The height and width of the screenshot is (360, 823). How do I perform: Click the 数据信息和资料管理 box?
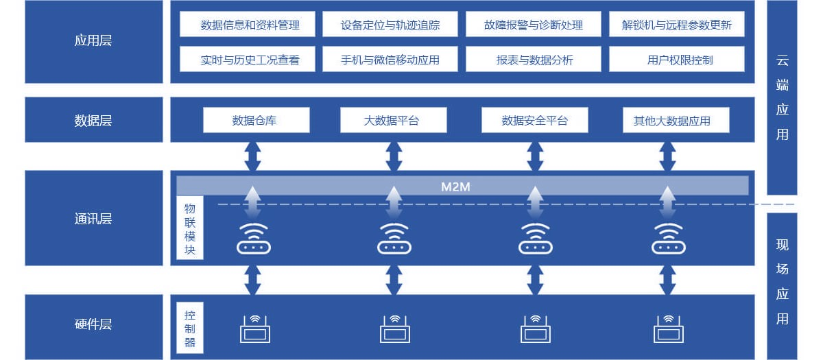[250, 25]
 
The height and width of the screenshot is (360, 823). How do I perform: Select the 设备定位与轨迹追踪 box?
[390, 25]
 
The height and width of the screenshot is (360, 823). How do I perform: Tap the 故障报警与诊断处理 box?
[533, 25]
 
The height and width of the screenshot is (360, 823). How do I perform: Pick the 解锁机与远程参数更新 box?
[676, 25]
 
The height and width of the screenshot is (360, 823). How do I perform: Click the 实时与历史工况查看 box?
[250, 60]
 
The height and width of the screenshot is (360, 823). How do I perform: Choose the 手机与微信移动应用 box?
[390, 60]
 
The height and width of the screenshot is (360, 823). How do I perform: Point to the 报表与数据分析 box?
[533, 60]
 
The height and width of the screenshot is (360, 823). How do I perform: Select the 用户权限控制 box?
[676, 60]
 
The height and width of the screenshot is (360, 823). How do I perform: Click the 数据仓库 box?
[256, 121]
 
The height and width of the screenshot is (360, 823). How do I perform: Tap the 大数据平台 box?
[393, 121]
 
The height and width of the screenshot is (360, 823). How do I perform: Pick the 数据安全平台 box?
[535, 121]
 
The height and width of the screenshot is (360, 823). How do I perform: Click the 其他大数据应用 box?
[676, 121]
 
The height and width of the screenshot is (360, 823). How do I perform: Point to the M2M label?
[455, 186]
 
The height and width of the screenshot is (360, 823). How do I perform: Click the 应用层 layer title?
[93, 40]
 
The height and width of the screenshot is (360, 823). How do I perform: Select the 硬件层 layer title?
[93, 324]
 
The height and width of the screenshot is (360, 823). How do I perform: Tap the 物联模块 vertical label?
[190, 228]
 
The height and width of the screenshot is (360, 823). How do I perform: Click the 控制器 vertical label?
[190, 328]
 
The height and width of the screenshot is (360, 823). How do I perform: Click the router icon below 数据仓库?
[253, 239]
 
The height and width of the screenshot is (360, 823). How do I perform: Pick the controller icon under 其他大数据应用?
[668, 328]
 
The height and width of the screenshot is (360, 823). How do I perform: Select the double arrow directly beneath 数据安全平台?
[535, 156]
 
